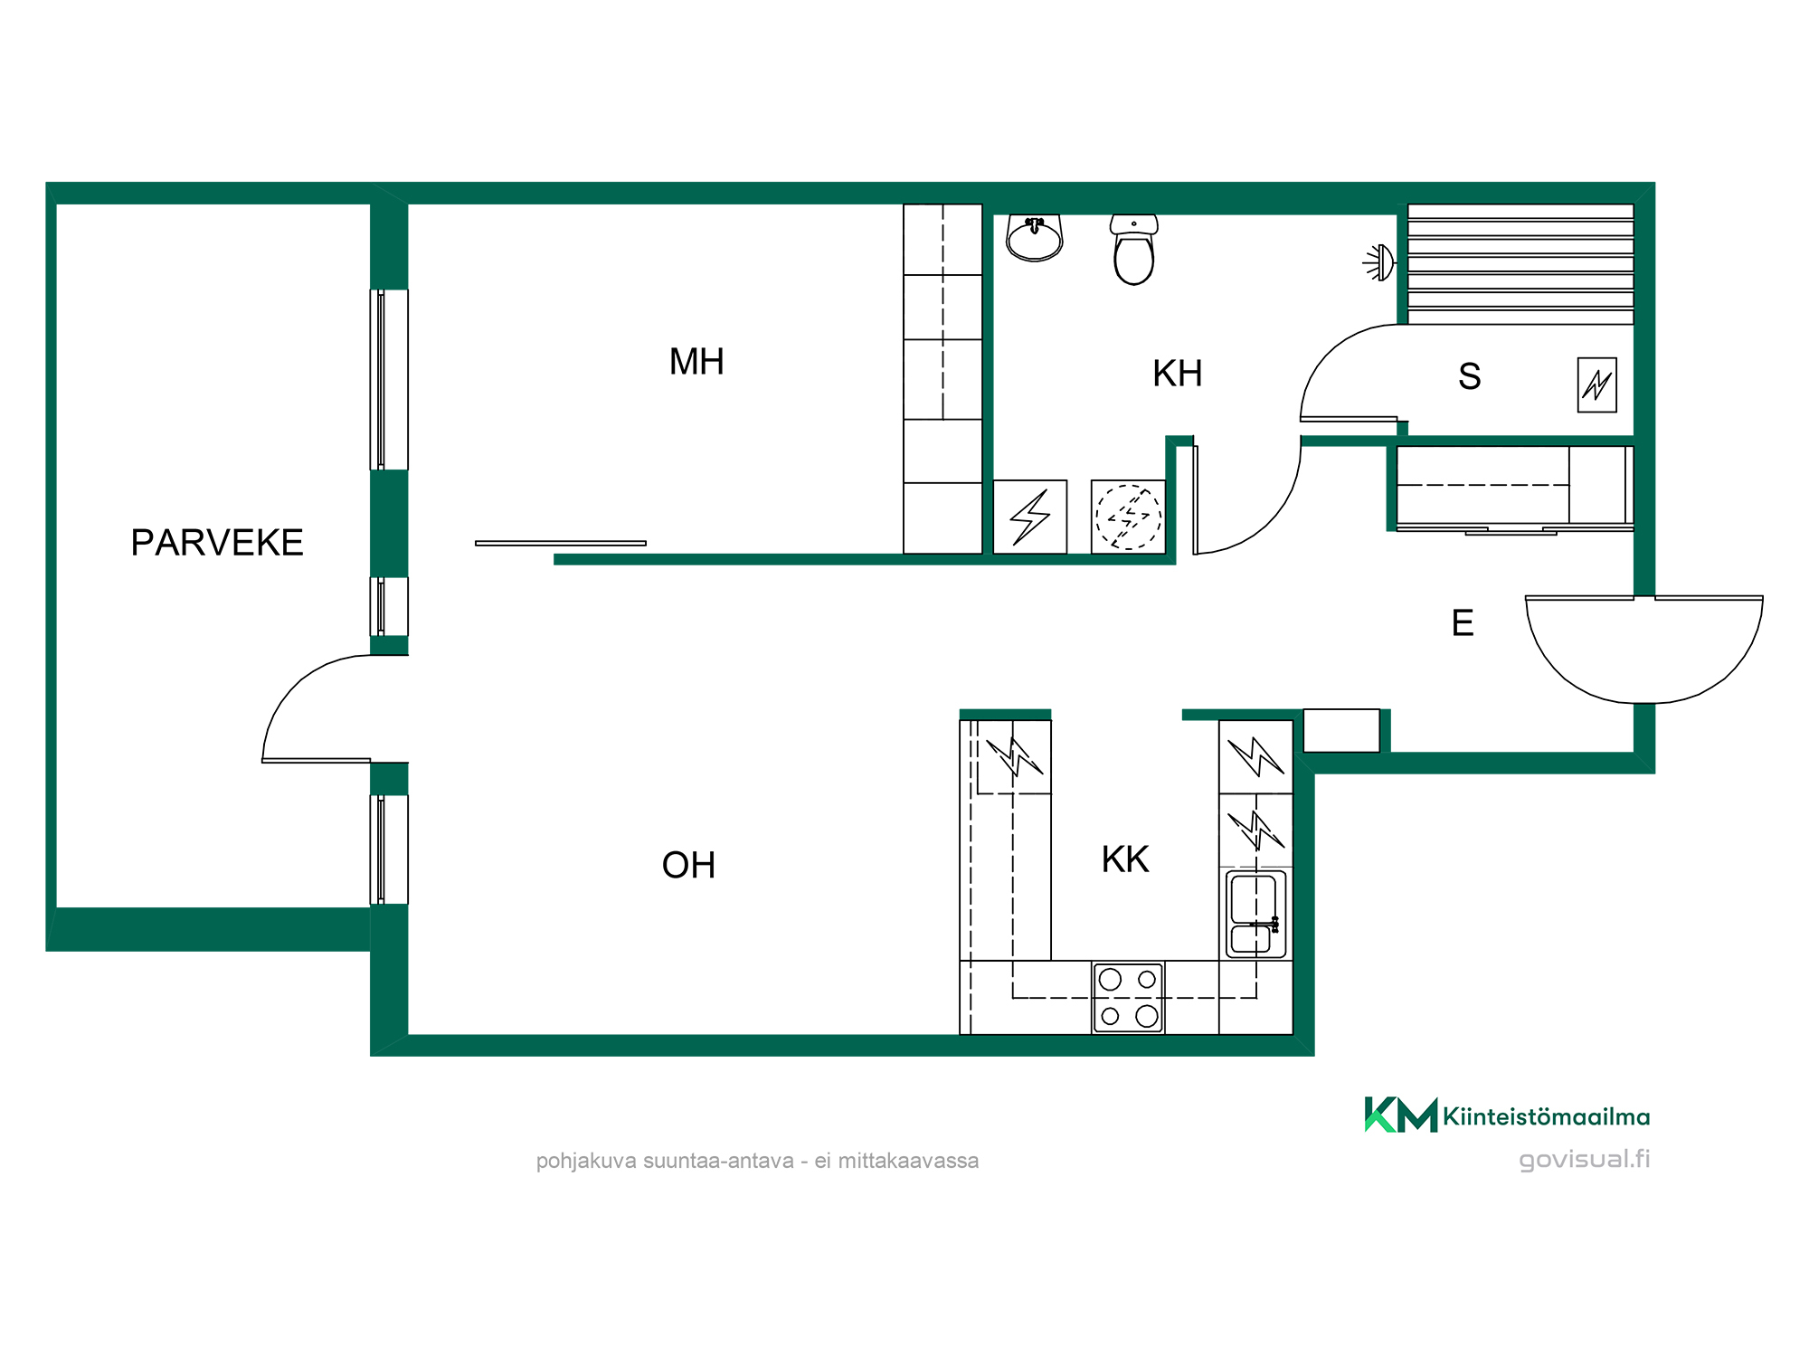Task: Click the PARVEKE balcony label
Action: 217,543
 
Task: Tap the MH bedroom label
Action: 696,362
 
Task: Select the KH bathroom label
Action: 1178,374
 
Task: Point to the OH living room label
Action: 688,866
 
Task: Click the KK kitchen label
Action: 1125,859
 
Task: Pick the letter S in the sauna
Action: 1470,376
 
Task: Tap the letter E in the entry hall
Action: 1463,623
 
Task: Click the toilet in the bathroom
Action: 1134,250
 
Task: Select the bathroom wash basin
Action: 1035,238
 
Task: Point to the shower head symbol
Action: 1379,262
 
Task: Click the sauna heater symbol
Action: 1596,385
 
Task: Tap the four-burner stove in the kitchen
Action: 1128,998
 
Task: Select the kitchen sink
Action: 1255,914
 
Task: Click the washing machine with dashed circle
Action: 1128,517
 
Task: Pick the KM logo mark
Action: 1400,1115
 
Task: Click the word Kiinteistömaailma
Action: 1547,1116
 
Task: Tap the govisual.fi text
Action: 1585,1159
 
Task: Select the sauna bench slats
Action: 1520,264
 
